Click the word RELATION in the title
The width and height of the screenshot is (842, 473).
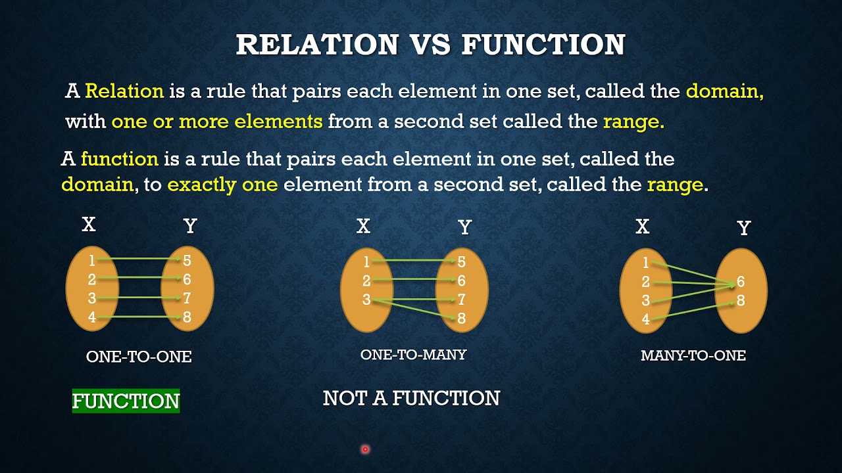tap(317, 44)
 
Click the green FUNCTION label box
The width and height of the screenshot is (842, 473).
tap(126, 401)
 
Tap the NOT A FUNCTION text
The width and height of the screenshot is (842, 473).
tap(411, 398)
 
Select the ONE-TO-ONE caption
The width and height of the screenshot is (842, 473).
tap(139, 357)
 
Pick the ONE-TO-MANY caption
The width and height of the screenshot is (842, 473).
tap(413, 355)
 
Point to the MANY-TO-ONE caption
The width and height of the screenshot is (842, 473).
tap(693, 356)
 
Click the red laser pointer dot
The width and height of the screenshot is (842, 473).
tap(365, 449)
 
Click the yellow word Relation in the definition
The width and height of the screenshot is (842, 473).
tap(124, 91)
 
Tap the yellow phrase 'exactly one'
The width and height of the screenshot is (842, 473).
tap(222, 185)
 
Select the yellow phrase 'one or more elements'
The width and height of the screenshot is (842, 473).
tap(217, 122)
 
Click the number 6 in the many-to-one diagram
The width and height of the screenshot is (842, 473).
tap(741, 282)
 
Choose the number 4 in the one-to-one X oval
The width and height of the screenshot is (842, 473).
tap(92, 318)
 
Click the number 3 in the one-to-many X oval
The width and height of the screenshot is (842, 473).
tap(366, 300)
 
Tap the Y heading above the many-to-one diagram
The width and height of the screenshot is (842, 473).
tap(744, 228)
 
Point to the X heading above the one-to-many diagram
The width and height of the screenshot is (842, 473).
tap(363, 227)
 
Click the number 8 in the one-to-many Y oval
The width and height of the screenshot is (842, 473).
tap(462, 319)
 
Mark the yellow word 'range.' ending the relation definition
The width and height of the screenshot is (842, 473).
tap(633, 122)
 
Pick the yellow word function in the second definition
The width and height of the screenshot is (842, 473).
tap(120, 159)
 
